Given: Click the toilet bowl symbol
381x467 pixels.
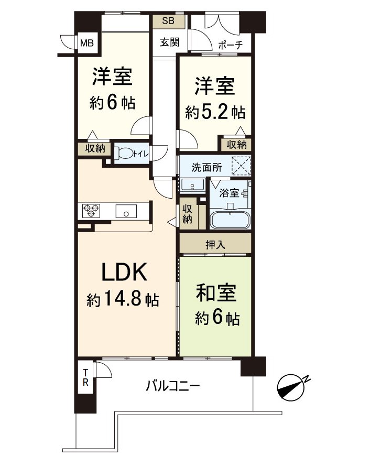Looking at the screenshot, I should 126,154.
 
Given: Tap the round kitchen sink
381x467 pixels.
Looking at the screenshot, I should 126,212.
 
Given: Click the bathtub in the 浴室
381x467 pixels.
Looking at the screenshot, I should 230,219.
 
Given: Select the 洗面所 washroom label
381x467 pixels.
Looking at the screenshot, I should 200,169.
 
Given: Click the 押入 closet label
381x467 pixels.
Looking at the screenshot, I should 215,244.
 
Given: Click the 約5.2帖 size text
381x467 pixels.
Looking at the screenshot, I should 215,112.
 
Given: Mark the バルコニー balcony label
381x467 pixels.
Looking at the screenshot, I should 172,387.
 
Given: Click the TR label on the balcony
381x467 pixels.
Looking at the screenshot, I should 85,377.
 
